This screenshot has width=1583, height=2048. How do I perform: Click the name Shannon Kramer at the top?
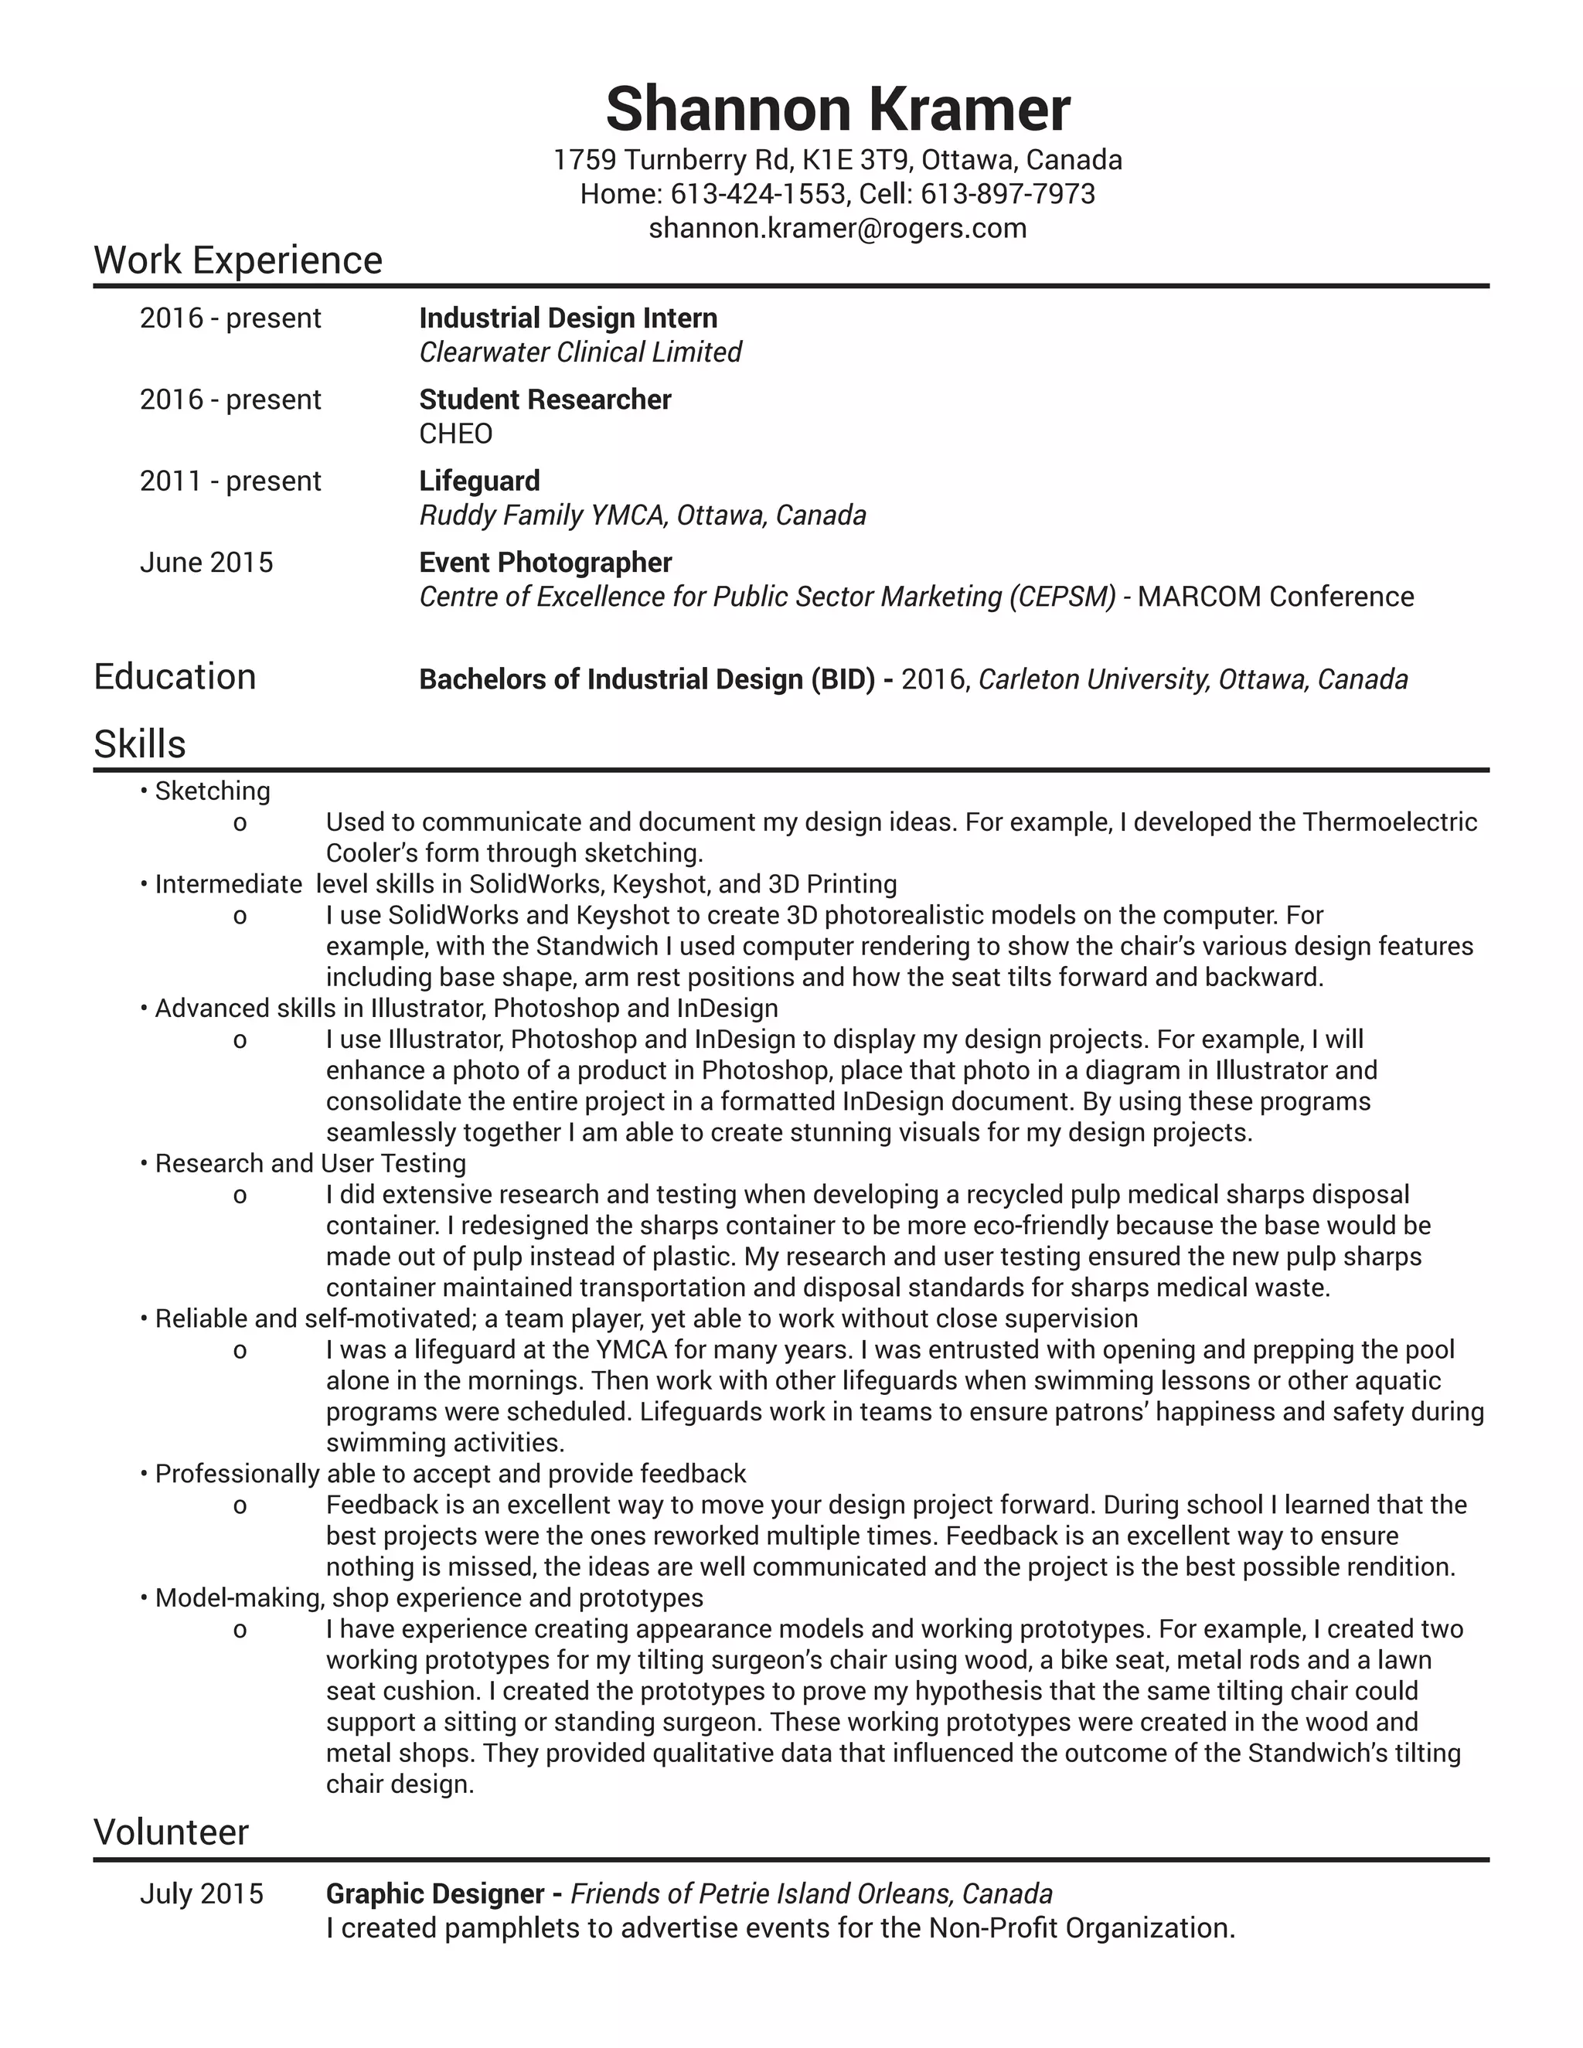tap(837, 109)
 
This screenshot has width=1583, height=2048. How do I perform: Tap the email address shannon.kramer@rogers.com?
tap(837, 228)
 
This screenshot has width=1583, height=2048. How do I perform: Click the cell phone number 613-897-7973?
tap(1007, 194)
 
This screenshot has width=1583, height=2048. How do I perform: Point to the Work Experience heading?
tap(238, 260)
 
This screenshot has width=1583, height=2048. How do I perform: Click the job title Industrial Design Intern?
tap(567, 318)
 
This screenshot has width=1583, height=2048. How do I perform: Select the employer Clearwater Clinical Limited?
tap(580, 352)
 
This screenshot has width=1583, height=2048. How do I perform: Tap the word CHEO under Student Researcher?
tap(456, 434)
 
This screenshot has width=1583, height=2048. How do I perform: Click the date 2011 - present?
tap(230, 481)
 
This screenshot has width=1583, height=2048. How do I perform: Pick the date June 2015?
tap(206, 563)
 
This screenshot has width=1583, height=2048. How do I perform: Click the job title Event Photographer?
tap(545, 563)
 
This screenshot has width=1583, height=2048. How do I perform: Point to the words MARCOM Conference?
tap(1275, 597)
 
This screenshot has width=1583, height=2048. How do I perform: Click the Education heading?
tap(175, 676)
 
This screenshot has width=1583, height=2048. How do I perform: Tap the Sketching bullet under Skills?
tap(212, 791)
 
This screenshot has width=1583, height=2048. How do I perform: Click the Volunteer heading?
tap(171, 1832)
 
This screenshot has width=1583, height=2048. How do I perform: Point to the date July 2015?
tap(202, 1893)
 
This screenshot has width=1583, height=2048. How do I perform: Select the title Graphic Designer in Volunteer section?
tap(434, 1893)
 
